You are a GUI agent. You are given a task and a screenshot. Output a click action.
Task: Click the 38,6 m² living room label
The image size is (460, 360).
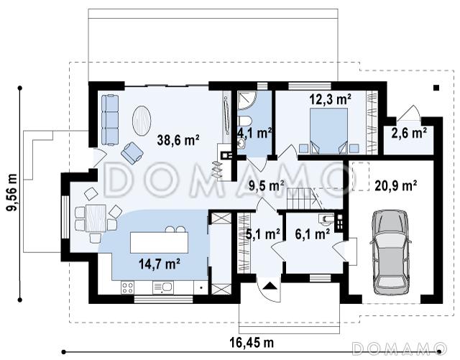point(178,140)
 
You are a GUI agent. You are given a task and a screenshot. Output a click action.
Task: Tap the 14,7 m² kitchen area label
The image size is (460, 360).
point(160,264)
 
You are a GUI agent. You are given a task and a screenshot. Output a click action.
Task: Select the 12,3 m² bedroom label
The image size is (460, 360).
point(331,99)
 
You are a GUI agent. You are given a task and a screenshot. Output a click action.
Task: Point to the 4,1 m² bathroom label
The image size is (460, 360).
point(254,134)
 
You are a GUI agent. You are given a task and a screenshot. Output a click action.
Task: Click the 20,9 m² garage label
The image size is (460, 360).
point(396,185)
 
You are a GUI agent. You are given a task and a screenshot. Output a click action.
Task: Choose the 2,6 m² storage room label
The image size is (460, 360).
point(409,133)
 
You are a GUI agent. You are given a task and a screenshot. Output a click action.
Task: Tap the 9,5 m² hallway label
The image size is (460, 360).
point(267,185)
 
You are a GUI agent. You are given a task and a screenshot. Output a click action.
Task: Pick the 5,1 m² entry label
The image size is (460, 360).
point(263,234)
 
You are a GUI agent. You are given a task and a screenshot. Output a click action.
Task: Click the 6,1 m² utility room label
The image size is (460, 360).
point(312,234)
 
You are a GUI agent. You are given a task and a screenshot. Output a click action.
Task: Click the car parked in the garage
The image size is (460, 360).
point(390,252)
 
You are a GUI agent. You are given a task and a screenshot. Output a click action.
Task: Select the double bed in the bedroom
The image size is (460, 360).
point(328,131)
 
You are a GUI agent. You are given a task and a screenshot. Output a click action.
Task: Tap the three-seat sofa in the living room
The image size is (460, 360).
point(110,120)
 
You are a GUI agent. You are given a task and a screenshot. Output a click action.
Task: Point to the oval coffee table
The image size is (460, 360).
point(142,120)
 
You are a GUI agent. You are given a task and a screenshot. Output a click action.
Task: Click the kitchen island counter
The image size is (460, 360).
point(159,242)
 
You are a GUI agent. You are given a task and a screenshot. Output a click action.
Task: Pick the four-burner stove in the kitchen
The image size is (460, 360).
point(128,287)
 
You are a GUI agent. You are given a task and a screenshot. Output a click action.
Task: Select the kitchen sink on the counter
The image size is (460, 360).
point(163,287)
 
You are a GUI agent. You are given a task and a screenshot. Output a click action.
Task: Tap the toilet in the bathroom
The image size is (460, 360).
point(244,121)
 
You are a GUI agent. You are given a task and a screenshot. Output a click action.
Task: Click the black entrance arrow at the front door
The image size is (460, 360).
point(270,286)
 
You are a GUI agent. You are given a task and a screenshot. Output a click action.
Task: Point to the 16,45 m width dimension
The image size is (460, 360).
point(252,343)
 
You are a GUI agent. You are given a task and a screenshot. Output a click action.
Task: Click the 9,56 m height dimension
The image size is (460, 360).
point(12,193)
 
